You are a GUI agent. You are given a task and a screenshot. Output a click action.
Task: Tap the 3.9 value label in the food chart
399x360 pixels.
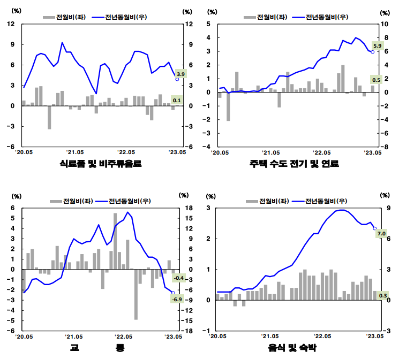(x=180, y=74)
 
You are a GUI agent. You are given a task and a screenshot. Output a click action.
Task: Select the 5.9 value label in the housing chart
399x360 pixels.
(x=377, y=47)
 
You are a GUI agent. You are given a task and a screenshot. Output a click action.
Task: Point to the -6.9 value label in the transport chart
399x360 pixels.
(x=177, y=299)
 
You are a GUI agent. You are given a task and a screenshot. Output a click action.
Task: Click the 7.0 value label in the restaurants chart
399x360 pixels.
(x=381, y=234)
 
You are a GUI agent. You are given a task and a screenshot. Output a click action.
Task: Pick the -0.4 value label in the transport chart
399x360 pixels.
(x=178, y=278)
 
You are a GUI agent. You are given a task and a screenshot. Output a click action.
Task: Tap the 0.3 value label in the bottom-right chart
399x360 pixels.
(x=383, y=295)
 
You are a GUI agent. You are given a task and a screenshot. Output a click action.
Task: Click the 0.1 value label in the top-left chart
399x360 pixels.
(x=177, y=101)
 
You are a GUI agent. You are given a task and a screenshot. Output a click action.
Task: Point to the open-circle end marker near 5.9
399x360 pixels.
(x=372, y=52)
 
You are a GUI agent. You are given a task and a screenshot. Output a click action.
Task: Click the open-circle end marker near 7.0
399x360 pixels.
(x=374, y=228)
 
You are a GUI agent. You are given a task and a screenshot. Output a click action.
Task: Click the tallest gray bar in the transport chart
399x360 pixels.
(x=115, y=241)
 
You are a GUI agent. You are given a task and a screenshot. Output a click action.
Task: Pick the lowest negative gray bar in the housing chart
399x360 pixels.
(x=228, y=106)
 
